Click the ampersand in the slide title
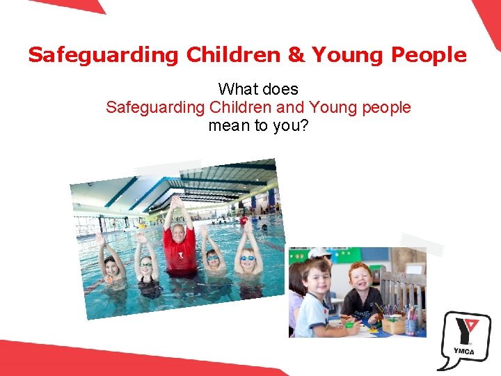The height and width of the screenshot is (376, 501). coord(296,55)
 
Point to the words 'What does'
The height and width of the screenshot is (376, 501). coord(258,89)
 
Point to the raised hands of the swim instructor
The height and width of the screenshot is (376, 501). coord(175,203)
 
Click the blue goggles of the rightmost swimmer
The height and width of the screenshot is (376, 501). coord(248,258)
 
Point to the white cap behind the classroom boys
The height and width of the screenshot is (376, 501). coord(319,252)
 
